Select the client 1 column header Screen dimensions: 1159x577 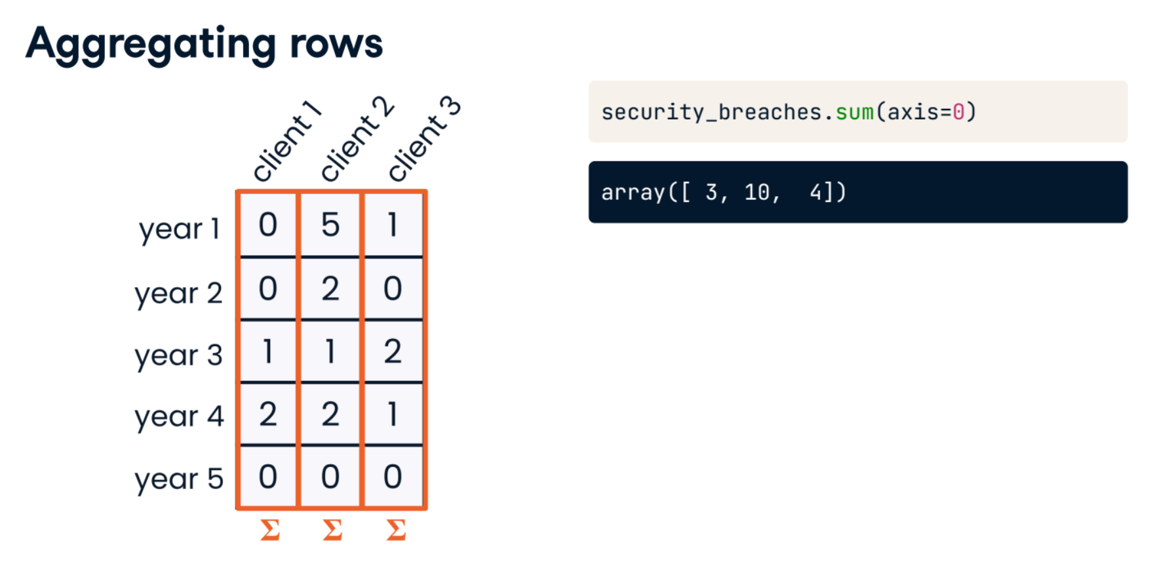[286, 141]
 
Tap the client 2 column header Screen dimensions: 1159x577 [357, 138]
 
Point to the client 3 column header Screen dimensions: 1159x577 [424, 138]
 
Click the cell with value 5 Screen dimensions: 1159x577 [330, 225]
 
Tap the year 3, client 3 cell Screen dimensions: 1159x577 [393, 351]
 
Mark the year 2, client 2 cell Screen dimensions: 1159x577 [330, 288]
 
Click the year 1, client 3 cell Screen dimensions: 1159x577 [393, 225]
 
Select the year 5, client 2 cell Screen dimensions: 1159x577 [330, 477]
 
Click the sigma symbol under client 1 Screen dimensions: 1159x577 [270, 530]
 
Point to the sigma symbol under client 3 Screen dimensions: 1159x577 [396, 530]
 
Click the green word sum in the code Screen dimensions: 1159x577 [854, 113]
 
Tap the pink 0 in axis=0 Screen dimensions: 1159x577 [958, 112]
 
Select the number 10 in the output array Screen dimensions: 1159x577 [757, 193]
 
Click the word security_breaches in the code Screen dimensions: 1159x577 [711, 113]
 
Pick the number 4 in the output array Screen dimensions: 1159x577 [816, 193]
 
